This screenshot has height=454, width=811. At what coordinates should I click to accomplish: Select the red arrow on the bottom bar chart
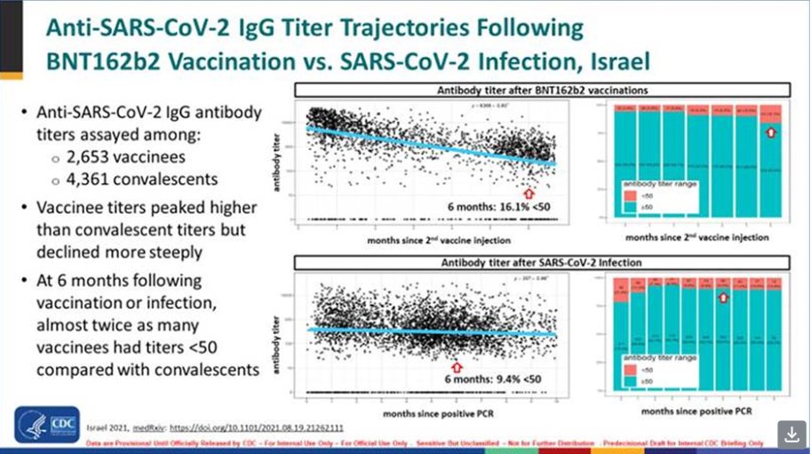coord(723,307)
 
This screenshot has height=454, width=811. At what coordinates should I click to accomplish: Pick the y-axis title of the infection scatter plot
coord(290,331)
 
